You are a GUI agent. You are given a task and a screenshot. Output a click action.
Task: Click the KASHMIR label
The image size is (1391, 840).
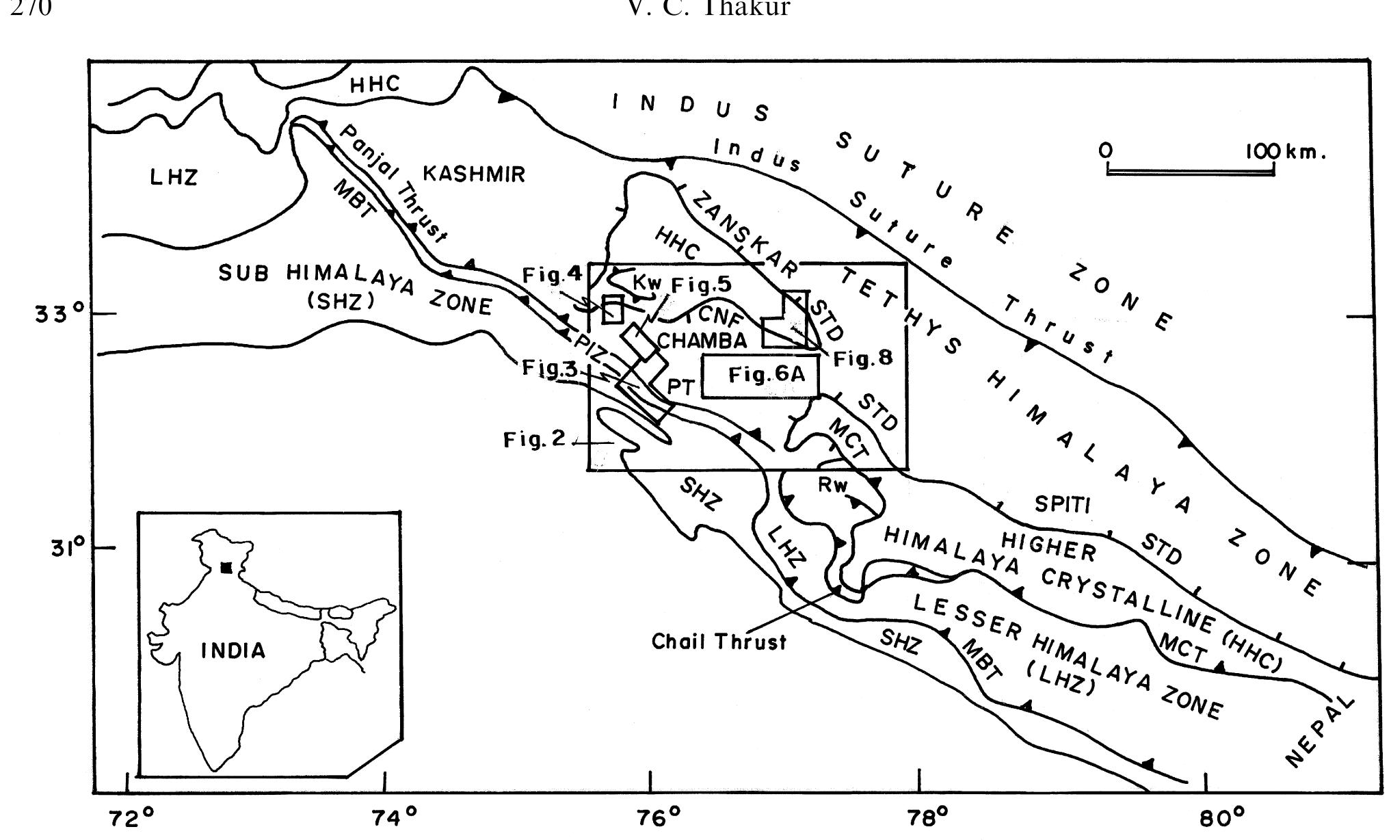[x=474, y=174]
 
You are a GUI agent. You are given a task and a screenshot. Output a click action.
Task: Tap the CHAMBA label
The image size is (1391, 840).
[x=702, y=339]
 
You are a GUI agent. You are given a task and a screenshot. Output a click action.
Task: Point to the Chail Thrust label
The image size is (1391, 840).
[x=719, y=642]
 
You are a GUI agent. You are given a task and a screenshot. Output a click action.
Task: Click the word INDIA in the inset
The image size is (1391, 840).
[x=233, y=650]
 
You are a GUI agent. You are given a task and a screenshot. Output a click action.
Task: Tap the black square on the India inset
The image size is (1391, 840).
[x=226, y=567]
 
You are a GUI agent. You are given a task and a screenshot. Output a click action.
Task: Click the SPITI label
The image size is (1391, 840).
[x=1062, y=504]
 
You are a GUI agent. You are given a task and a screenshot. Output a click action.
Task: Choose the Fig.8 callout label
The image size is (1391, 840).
[x=863, y=358]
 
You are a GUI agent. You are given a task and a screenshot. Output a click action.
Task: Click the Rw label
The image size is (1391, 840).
[x=832, y=485]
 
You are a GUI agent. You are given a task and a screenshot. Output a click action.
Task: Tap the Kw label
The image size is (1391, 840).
[x=647, y=280]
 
